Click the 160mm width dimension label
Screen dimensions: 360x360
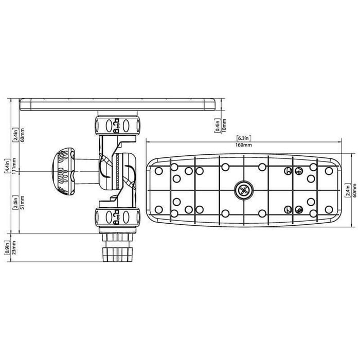pyautogui.click(x=243, y=145)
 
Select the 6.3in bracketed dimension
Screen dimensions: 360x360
pyautogui.click(x=244, y=138)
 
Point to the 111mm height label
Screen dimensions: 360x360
pyautogui.click(x=14, y=166)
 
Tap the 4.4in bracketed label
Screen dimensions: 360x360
pyautogui.click(x=8, y=166)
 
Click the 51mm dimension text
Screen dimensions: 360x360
pyautogui.click(x=23, y=203)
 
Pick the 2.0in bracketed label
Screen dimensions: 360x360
pyautogui.click(x=15, y=203)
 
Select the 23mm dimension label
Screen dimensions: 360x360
pyautogui.click(x=14, y=248)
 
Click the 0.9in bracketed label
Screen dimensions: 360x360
pyautogui.click(x=7, y=248)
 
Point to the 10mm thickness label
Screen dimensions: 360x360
pyautogui.click(x=224, y=125)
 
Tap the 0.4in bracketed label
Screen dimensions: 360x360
pyautogui.click(x=218, y=125)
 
